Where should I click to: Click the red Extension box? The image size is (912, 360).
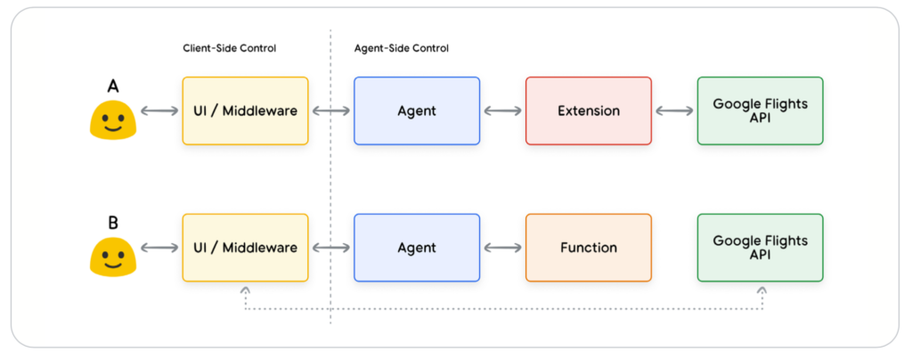[589, 110]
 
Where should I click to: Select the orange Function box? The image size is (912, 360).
[589, 248]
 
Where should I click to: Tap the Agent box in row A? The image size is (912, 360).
[417, 110]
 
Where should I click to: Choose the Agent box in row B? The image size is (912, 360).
[417, 248]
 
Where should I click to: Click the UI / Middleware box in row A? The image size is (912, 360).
[246, 110]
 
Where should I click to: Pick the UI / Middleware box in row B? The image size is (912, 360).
[246, 248]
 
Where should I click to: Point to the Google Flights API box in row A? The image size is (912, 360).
[761, 110]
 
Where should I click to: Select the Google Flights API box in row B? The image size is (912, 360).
[761, 248]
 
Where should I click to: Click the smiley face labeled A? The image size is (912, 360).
[113, 120]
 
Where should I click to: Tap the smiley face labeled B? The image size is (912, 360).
[113, 257]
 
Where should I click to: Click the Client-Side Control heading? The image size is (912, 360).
[229, 48]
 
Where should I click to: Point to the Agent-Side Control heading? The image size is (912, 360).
[402, 48]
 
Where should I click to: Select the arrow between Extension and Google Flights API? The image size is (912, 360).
[675, 110]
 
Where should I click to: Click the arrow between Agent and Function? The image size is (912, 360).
[503, 248]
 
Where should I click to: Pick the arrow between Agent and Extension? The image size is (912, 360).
[503, 110]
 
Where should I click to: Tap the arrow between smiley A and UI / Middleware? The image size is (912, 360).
[159, 110]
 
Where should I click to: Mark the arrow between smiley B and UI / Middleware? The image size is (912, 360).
[159, 248]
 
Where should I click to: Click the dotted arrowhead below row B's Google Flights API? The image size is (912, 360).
[762, 289]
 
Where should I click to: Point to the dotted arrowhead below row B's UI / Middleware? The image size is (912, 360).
[246, 289]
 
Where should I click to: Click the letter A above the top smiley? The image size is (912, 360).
[113, 86]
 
